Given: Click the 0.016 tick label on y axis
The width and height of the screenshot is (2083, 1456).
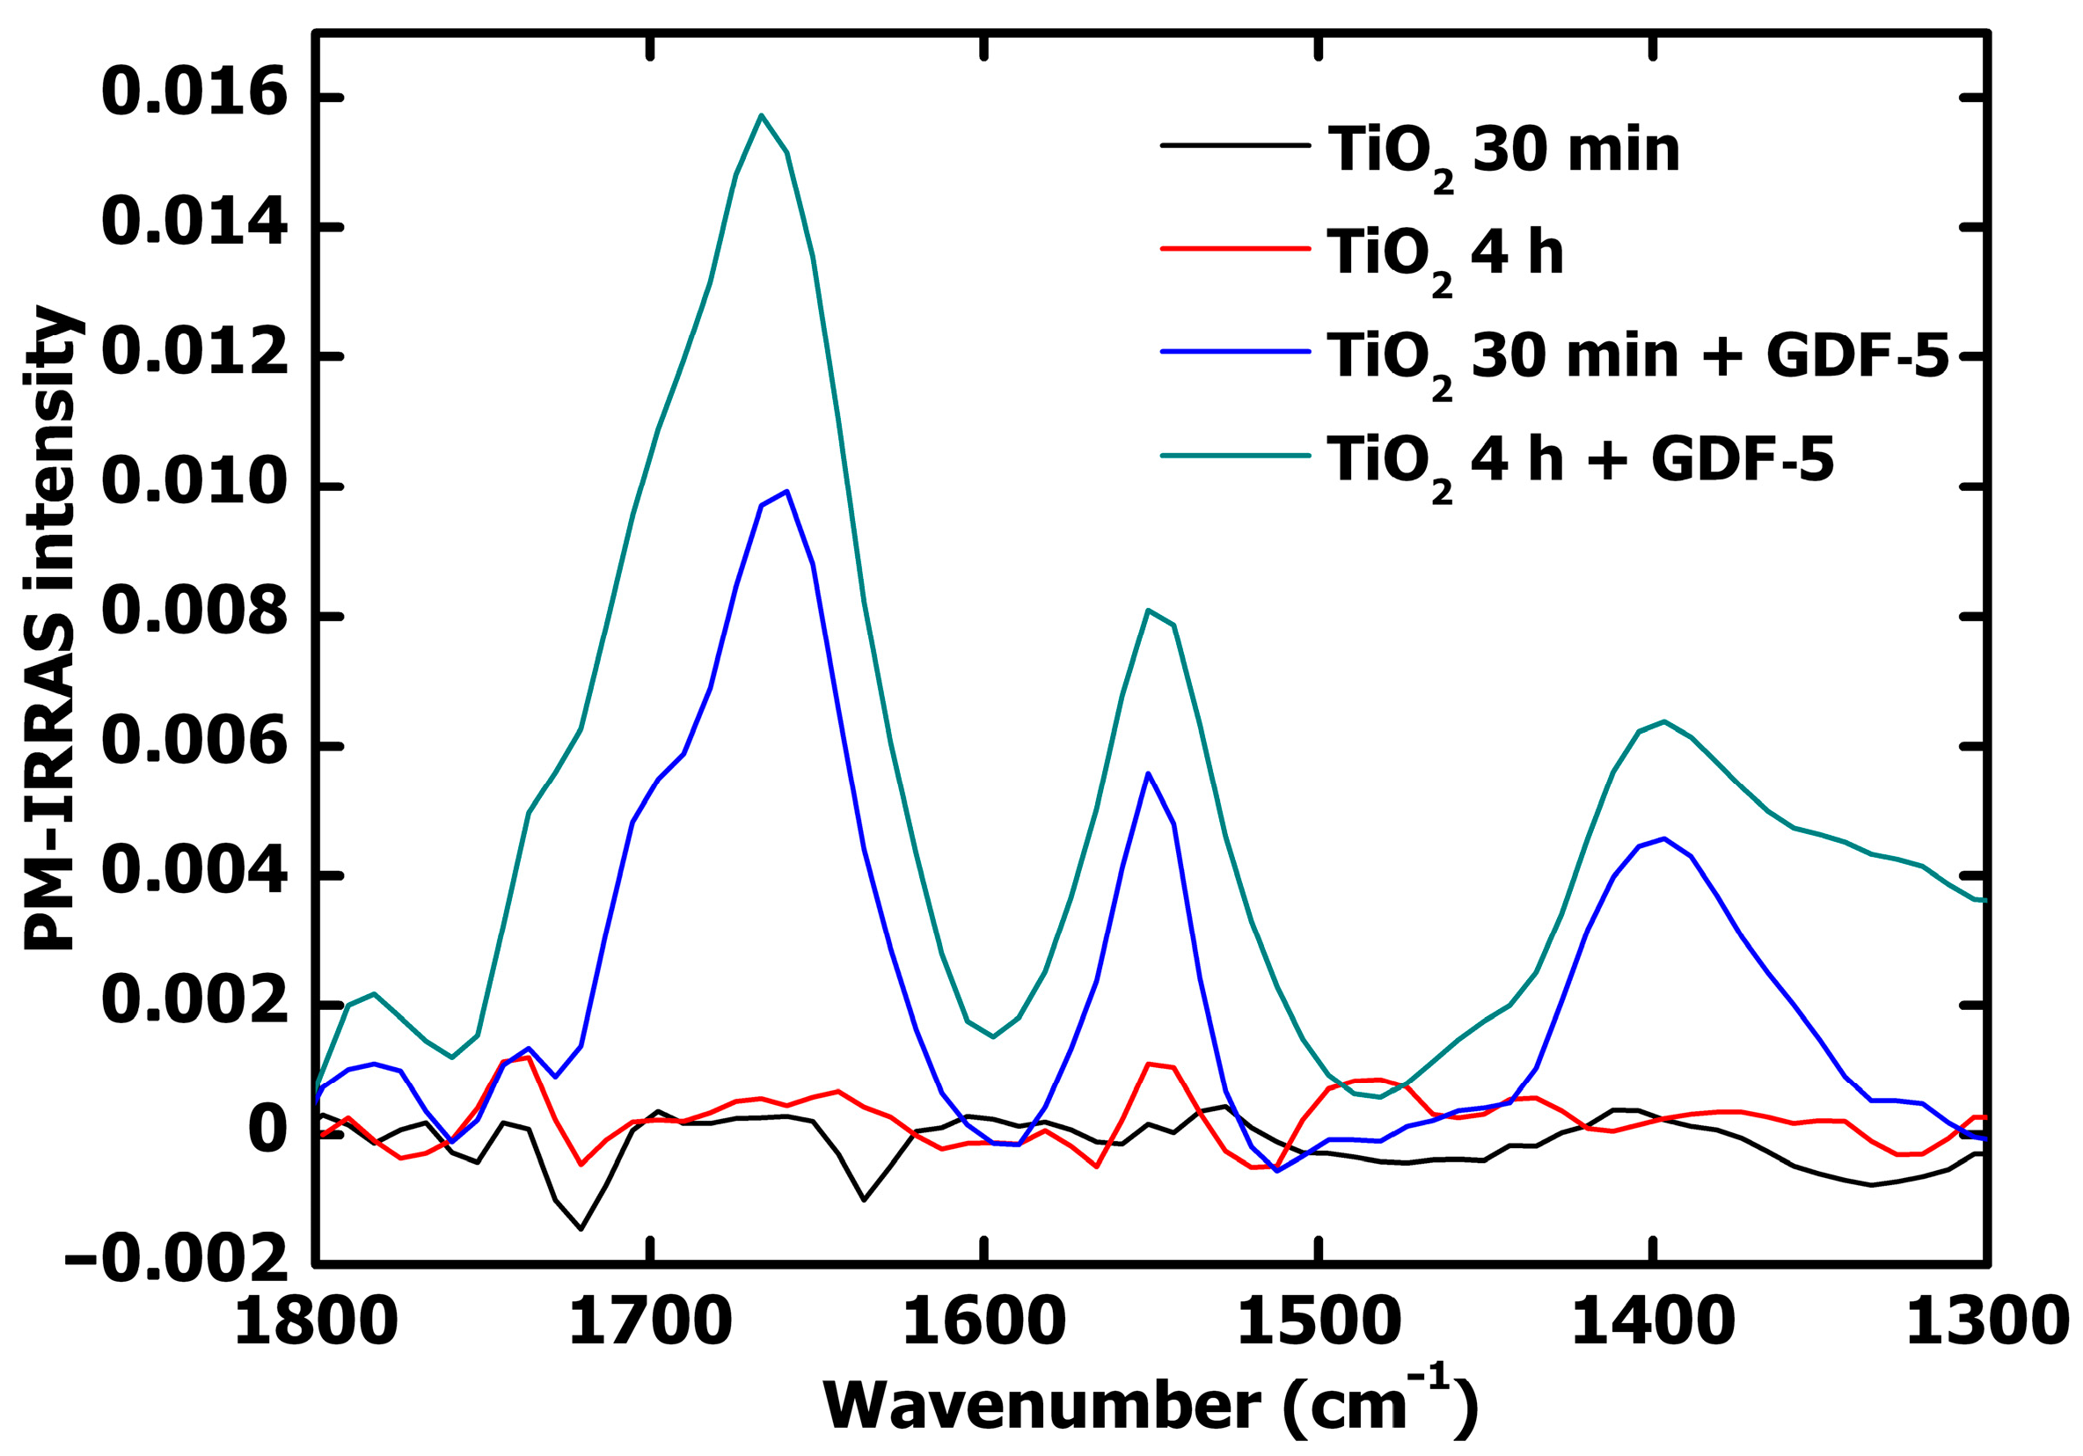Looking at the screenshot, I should tap(194, 94).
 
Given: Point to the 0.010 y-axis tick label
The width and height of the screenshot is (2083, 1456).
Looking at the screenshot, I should tap(194, 485).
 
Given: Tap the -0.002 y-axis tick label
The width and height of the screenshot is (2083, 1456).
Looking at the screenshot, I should tap(177, 1258).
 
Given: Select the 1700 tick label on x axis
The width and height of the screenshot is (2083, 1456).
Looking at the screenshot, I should tap(649, 1322).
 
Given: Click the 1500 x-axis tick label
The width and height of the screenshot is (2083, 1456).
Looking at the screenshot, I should tap(1319, 1322).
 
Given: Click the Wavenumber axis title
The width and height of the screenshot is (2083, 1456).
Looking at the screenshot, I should tap(1151, 1405).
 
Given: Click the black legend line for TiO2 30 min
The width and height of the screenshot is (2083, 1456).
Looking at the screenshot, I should tap(1235, 145).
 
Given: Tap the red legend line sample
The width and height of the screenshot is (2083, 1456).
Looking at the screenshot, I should tap(1235, 248).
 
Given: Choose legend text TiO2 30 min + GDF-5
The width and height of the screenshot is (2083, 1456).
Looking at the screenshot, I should tap(1638, 355).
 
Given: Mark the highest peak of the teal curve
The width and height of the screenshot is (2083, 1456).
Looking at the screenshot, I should tap(761, 115).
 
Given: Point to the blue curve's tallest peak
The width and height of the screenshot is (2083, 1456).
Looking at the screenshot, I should tap(786, 491).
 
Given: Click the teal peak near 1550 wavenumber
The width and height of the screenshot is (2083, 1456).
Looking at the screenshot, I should tap(1149, 610).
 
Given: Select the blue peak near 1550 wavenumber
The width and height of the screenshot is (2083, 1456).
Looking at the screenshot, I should tap(1149, 774).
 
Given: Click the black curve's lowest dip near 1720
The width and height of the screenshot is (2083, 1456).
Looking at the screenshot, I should tap(581, 1229).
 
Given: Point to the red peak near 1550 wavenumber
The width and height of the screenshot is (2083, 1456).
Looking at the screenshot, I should tap(1149, 1064).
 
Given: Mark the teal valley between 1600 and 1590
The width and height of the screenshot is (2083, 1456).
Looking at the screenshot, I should tap(993, 1037).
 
